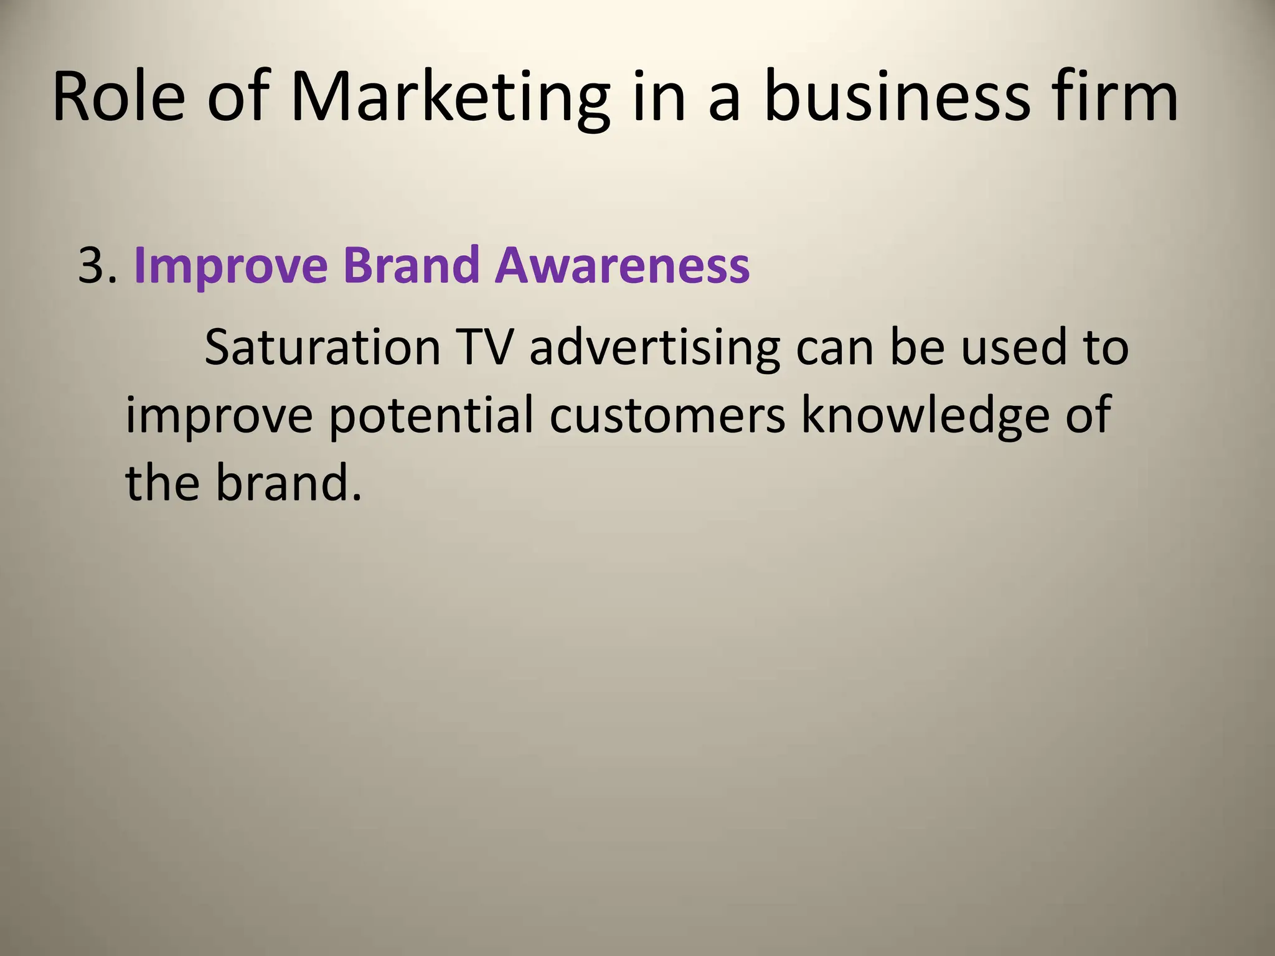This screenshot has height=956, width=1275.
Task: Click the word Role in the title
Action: (x=118, y=96)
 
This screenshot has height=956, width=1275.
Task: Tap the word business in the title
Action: (x=897, y=96)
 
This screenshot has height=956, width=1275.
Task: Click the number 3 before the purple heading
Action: (x=93, y=266)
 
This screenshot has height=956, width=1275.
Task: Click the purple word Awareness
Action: (x=623, y=266)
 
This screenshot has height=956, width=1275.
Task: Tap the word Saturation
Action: (x=322, y=347)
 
